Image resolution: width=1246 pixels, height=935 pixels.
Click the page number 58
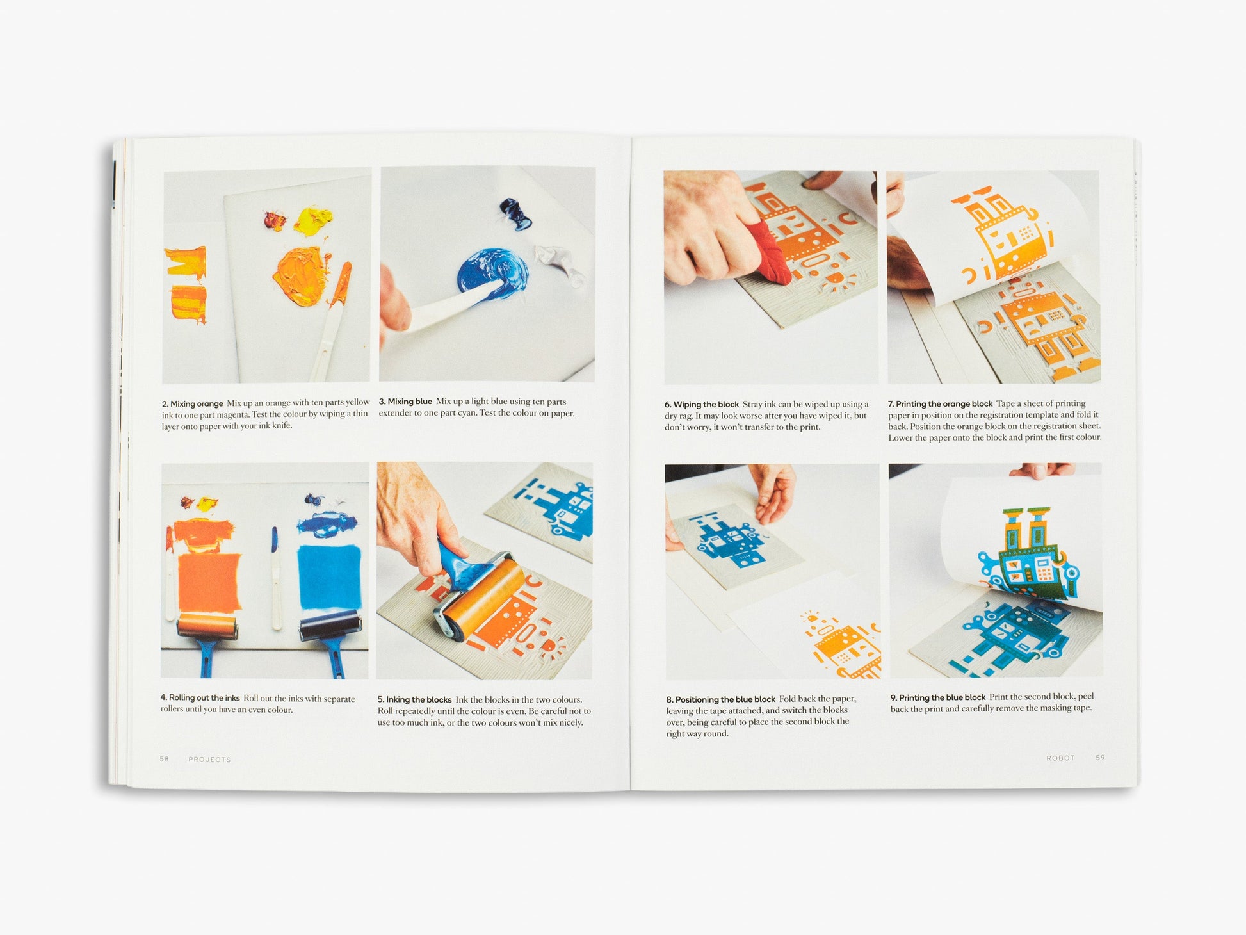[165, 759]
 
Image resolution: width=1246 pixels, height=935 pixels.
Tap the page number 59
[1100, 758]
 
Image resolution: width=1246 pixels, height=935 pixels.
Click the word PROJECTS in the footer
[209, 760]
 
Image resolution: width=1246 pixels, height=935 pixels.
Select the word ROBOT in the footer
[1060, 758]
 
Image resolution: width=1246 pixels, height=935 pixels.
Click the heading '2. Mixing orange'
[192, 403]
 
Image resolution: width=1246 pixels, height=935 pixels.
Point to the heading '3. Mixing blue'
[405, 402]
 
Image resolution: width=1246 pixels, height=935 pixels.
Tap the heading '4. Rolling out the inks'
[200, 698]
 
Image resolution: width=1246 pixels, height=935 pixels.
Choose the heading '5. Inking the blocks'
[414, 699]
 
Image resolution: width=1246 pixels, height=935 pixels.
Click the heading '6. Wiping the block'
[702, 404]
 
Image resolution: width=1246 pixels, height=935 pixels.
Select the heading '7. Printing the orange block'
[940, 403]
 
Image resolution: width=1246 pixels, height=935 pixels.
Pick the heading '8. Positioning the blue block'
[720, 699]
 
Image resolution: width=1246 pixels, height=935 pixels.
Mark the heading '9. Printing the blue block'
[938, 697]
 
